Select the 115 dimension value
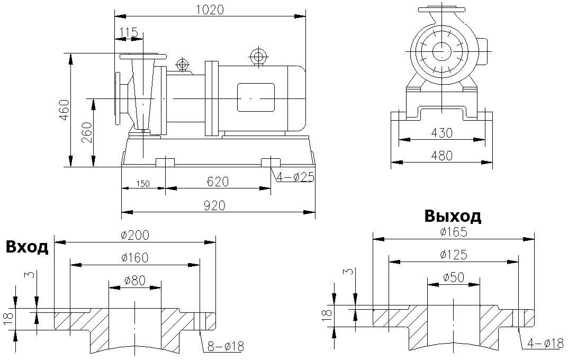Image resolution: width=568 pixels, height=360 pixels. click(129, 32)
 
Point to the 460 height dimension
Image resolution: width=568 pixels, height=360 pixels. click(64, 110)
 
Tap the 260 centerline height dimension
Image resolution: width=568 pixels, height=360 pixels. click(87, 132)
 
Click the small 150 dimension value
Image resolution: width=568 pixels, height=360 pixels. click(142, 184)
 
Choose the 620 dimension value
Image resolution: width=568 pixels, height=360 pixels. click(218, 182)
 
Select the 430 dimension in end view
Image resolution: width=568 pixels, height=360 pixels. click(441, 133)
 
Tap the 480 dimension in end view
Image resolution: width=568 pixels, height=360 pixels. click(441, 156)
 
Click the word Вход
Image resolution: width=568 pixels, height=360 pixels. click(27, 247)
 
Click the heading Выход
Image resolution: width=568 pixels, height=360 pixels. click(453, 217)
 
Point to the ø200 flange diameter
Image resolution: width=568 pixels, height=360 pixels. click(135, 235)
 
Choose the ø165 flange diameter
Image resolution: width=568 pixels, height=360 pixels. click(454, 231)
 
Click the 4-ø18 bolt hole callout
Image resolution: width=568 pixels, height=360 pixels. click(545, 343)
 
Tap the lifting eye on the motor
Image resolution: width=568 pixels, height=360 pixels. click(258, 56)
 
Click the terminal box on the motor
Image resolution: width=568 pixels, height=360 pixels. click(256, 98)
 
